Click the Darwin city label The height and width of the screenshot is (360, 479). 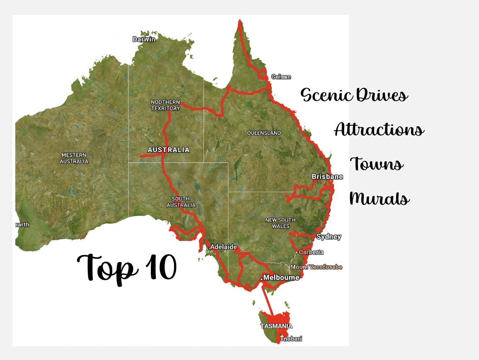(x=144, y=39)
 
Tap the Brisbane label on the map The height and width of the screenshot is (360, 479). (x=327, y=177)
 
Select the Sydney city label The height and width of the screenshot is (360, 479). (x=329, y=237)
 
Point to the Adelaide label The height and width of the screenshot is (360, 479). (x=223, y=247)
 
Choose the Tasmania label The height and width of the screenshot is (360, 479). (x=276, y=326)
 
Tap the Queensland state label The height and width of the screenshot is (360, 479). (x=264, y=133)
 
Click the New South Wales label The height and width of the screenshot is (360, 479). (x=281, y=223)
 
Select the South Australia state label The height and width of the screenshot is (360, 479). (x=181, y=202)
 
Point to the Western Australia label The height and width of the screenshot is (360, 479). (x=74, y=158)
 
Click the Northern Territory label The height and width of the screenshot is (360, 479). (x=165, y=105)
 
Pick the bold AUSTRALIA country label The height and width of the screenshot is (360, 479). (x=169, y=150)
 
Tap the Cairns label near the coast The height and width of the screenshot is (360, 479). (x=281, y=77)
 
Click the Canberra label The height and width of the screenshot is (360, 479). (x=311, y=252)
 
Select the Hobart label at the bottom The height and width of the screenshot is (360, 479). (x=292, y=339)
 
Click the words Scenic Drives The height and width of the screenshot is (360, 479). (x=354, y=95)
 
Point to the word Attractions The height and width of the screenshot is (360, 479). (x=379, y=130)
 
